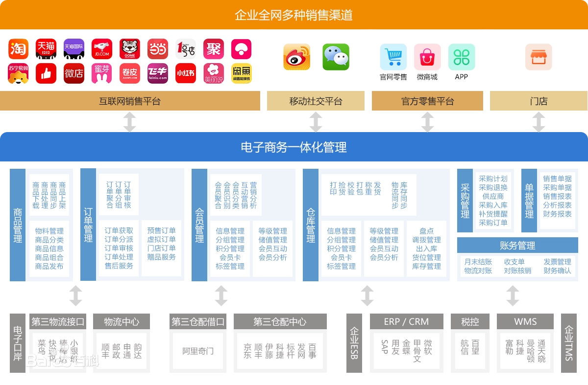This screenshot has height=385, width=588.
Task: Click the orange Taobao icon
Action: (18, 49)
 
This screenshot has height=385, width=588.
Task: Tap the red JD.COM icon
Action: (102, 49)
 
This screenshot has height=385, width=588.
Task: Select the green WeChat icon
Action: (336, 57)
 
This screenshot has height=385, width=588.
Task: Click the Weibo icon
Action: (297, 57)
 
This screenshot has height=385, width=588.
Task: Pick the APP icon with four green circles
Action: (461, 57)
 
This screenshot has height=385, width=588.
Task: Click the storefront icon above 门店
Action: (539, 57)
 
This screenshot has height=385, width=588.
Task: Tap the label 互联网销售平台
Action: (130, 101)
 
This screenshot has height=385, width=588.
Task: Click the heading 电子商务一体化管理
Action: (294, 147)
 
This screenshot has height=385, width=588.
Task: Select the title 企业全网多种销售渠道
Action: (294, 15)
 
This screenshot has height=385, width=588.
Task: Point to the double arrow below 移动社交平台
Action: (316, 122)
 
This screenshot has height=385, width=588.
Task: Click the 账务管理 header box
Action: (517, 245)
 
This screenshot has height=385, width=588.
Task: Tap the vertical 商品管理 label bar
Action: (18, 225)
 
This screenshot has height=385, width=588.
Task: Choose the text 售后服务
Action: (119, 266)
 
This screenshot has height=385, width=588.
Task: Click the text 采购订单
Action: (493, 223)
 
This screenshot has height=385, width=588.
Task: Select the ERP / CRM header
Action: (406, 321)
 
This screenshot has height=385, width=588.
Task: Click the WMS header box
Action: (525, 321)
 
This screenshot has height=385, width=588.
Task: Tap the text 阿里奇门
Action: (198, 351)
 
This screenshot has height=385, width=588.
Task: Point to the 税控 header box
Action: (470, 321)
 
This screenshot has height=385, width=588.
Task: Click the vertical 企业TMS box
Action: (568, 343)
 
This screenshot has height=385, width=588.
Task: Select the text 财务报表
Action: (557, 214)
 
